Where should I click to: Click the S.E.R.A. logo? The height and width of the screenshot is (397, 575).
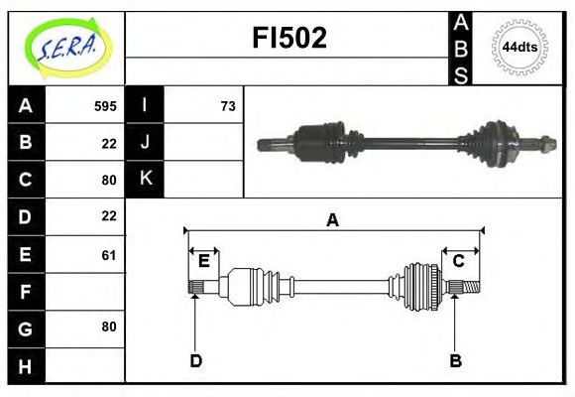click(x=65, y=47)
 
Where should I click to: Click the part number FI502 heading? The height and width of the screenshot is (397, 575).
click(x=287, y=38)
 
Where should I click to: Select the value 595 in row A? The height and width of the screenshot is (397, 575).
click(x=105, y=106)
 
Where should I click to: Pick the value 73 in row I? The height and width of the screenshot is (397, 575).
click(x=227, y=106)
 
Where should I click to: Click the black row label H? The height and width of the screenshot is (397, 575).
click(x=26, y=366)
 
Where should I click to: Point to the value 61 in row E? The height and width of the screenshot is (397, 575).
click(x=109, y=255)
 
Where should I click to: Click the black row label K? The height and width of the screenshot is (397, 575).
click(x=146, y=179)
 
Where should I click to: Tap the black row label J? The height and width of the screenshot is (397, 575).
click(x=146, y=142)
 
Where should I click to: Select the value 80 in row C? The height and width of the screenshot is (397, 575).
click(x=109, y=180)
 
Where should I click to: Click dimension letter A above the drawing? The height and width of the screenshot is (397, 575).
click(x=333, y=220)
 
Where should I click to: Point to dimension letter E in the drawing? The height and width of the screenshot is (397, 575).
click(x=203, y=261)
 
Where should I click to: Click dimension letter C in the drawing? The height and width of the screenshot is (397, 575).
click(x=459, y=261)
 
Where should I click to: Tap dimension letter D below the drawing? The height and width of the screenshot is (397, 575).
click(x=195, y=360)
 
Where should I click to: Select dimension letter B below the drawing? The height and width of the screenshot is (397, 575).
click(x=455, y=360)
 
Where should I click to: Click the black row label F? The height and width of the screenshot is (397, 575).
click(x=26, y=292)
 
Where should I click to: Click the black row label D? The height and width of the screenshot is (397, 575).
click(x=26, y=216)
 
